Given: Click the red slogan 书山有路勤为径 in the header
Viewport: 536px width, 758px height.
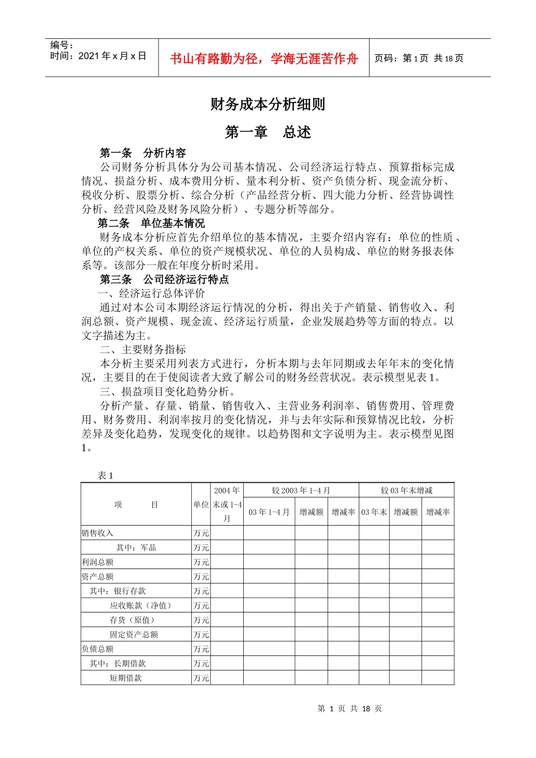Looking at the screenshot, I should pos(264,59).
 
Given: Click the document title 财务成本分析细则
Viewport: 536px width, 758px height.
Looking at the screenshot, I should pos(267,104).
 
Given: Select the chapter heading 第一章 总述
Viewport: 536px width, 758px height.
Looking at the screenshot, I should pos(267,133).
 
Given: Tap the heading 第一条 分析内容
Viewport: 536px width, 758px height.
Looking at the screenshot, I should pos(143,153).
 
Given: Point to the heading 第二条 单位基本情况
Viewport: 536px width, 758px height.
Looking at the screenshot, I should pos(151,223).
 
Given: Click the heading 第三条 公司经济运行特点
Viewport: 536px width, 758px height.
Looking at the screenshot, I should pos(164,279).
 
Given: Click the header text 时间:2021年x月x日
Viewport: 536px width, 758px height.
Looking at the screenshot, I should pos(98,56).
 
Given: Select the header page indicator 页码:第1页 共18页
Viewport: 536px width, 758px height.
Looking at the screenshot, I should pos(419,59).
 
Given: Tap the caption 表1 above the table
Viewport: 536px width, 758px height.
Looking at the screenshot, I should pos(105,475).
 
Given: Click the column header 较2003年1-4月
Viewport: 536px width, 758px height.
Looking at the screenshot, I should pos(301,491).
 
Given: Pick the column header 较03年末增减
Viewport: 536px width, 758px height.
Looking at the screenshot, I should pos(406,491).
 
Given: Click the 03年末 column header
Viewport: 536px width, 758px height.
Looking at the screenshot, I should pos(374,512).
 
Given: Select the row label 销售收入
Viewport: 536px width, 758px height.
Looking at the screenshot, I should pos(98,533).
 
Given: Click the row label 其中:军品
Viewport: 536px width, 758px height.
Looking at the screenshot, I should pos(136,548).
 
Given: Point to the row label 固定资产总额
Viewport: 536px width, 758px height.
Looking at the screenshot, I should pos(134,634).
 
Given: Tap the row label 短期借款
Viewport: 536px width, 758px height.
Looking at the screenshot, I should pos(126,678).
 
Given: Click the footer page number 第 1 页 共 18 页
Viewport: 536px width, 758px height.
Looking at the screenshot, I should pos(350,708).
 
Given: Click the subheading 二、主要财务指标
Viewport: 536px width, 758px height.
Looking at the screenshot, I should pos(143,350).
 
